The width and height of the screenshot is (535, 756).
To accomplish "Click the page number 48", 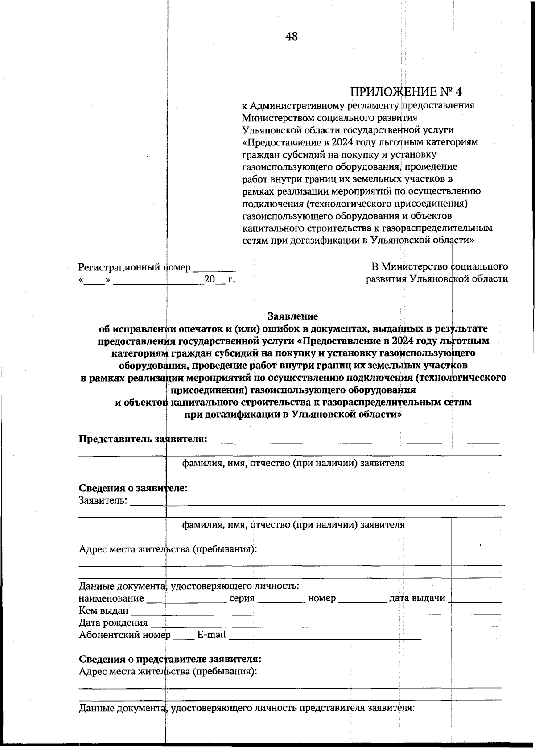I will click(292, 37).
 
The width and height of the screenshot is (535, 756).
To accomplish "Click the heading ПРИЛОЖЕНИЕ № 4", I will click(406, 92).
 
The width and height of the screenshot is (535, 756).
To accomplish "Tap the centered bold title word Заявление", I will click(292, 316).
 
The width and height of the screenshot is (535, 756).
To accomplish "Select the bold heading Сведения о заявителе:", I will click(133, 488).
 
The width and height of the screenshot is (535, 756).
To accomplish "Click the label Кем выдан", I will click(103, 610).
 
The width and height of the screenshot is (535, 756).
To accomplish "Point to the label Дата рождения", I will click(113, 623).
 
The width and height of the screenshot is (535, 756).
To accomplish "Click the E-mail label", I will click(211, 634).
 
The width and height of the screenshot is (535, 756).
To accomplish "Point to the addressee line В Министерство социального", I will click(440, 266).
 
